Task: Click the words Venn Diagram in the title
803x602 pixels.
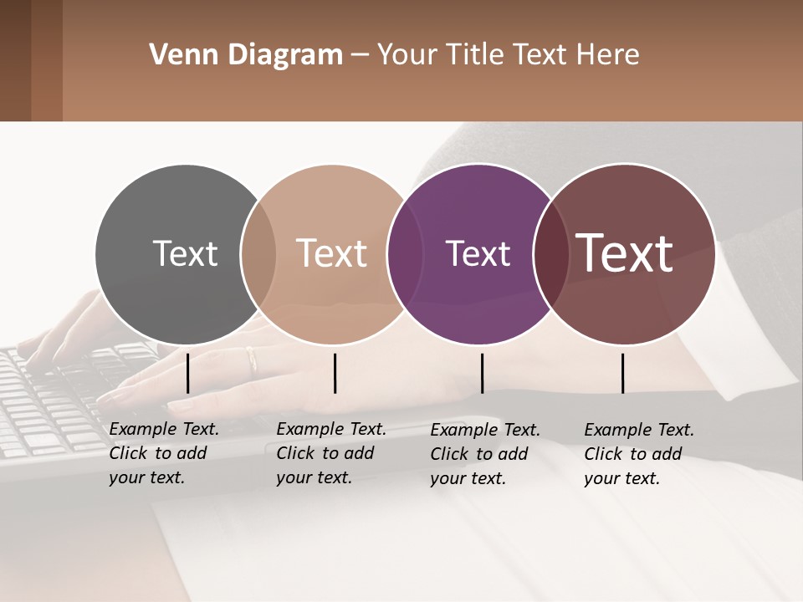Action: (246, 55)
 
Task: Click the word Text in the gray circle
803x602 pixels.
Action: (185, 253)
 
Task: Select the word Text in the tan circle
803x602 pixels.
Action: (331, 253)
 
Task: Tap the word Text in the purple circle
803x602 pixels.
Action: (478, 253)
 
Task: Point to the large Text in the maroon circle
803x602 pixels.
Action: (625, 253)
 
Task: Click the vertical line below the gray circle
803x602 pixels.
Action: (187, 373)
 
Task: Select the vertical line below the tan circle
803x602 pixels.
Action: (335, 373)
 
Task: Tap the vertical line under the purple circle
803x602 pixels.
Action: (482, 373)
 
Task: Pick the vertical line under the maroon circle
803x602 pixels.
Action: (622, 373)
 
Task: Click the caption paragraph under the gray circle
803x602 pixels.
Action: (164, 453)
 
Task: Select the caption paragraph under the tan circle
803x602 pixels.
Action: (331, 453)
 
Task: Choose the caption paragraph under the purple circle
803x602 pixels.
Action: (485, 454)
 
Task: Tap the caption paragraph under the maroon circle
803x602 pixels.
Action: (639, 454)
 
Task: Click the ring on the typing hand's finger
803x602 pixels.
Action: (252, 360)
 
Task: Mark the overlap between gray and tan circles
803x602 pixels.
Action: (258, 255)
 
